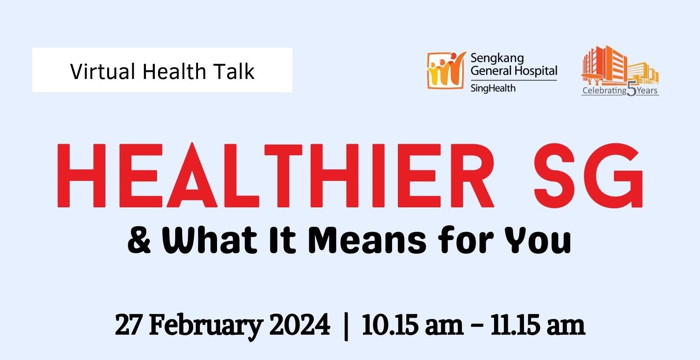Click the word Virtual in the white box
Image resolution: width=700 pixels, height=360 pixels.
pos(102,71)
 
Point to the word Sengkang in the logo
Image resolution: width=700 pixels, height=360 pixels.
pos(497,59)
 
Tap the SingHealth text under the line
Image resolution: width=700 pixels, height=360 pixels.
pos(493,88)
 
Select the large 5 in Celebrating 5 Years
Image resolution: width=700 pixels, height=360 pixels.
pos(632,89)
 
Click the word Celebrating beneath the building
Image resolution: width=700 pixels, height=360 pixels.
pos(604,90)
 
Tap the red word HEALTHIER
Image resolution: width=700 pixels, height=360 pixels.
pos(275,175)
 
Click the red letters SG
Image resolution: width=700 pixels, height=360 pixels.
pos(588,175)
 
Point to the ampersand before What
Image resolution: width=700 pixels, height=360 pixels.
pos(139,240)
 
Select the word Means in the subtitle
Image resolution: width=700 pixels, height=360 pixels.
pos(367,240)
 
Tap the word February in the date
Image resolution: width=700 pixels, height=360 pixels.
pos(206,326)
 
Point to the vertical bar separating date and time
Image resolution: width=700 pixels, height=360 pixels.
pos(346,326)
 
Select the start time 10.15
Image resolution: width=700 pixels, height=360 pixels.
pos(390,325)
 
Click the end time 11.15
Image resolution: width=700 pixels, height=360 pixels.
pos(515,325)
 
